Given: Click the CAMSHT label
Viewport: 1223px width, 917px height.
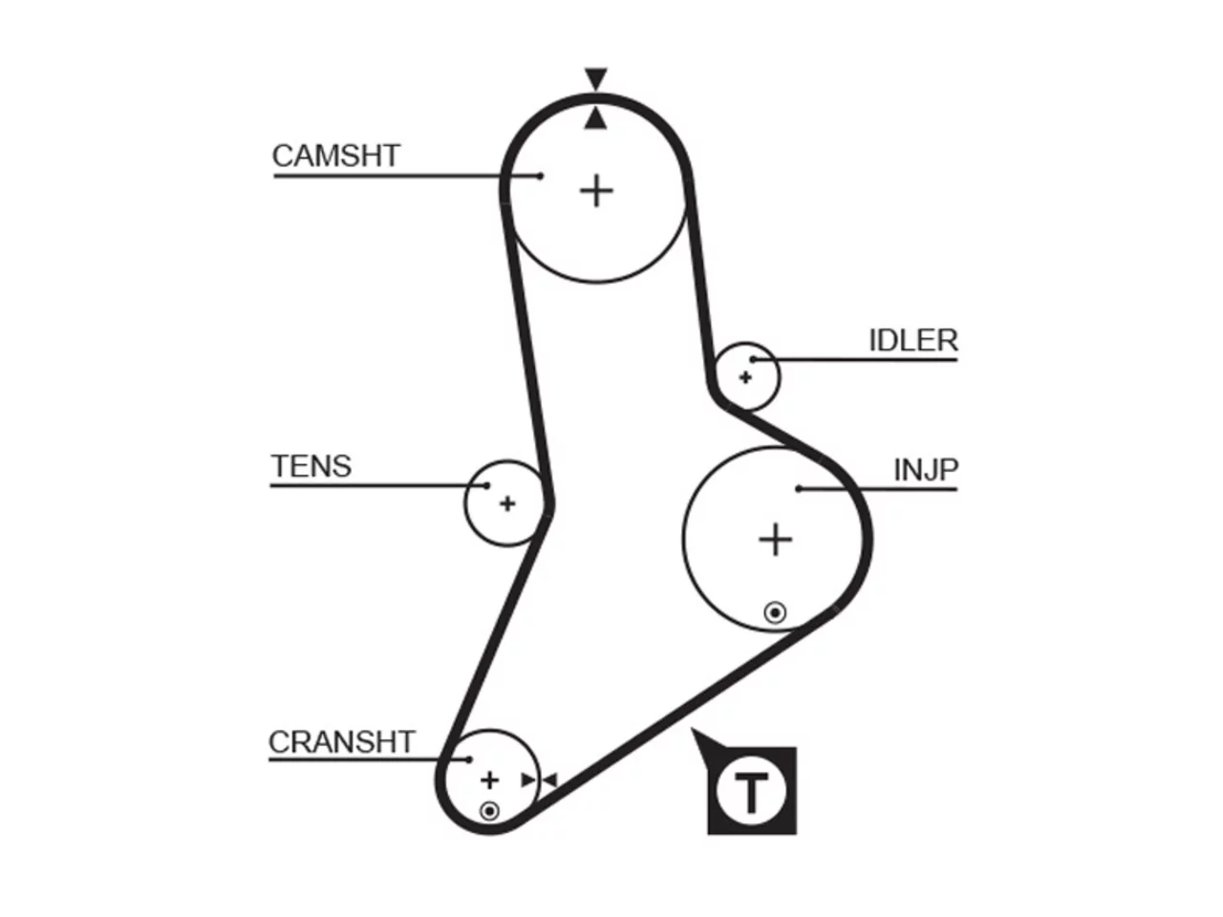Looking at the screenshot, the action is [x=336, y=156].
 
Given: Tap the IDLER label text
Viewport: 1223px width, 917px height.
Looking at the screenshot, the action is [x=913, y=340].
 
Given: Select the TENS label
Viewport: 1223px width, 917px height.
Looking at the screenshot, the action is [x=311, y=466].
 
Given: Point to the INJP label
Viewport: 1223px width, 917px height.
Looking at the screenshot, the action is [x=926, y=470].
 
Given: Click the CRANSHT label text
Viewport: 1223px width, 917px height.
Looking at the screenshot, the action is [x=341, y=741].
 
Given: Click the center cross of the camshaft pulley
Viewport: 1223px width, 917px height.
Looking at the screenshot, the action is [x=596, y=191].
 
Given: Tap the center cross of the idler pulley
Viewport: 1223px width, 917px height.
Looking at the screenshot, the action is [x=745, y=377].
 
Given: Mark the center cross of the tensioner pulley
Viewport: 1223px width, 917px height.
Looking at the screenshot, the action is [x=507, y=504].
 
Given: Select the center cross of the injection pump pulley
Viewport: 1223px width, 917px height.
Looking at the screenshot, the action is [x=776, y=540].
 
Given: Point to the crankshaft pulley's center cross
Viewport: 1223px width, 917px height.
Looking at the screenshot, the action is [x=490, y=780].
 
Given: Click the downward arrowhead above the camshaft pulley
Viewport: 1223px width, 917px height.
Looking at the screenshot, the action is [x=595, y=79].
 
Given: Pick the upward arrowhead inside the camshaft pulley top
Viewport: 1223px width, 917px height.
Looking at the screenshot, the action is [x=595, y=118].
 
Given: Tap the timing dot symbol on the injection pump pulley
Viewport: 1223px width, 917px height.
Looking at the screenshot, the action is [x=775, y=613].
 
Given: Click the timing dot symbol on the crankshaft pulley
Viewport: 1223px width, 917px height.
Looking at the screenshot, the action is [x=489, y=811].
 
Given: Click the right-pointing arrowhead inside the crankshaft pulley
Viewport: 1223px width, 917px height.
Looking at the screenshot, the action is [x=528, y=780].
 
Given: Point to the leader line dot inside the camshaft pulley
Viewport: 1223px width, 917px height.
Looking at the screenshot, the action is [x=540, y=176].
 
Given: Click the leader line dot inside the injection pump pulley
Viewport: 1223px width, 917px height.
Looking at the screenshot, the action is [x=799, y=489].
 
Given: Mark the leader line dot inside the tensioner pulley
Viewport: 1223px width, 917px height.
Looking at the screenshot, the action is [x=487, y=485].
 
